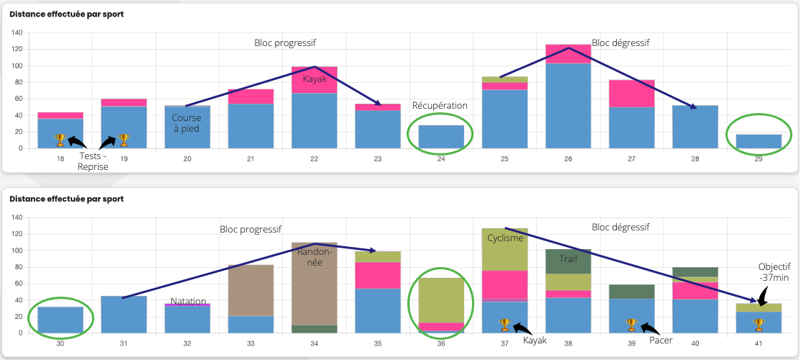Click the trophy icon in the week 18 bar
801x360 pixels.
click(x=60, y=138)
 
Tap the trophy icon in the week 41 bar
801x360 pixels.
click(x=759, y=324)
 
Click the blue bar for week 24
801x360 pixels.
click(x=440, y=137)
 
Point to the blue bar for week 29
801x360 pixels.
click(x=759, y=141)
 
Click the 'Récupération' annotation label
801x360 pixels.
click(x=440, y=106)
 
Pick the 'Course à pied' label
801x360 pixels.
click(x=186, y=122)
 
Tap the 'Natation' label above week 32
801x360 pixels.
click(x=189, y=301)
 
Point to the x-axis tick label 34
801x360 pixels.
click(x=314, y=343)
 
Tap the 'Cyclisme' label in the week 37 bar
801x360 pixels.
click(x=504, y=238)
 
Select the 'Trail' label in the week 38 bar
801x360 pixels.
click(x=569, y=259)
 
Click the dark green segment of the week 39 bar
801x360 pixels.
click(x=631, y=291)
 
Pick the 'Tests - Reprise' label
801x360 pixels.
click(x=93, y=161)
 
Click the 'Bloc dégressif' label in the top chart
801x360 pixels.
click(x=620, y=42)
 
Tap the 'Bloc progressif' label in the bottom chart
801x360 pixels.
click(x=250, y=230)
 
